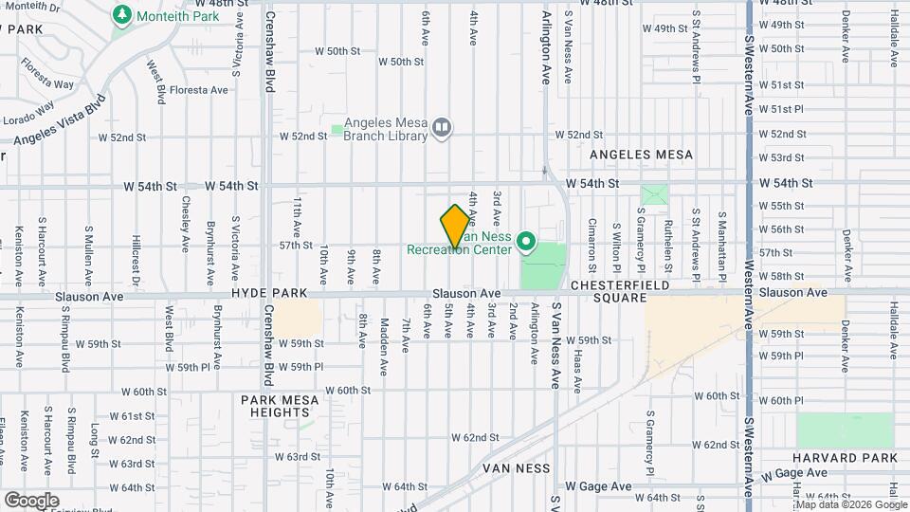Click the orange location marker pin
pyautogui.click(x=455, y=226)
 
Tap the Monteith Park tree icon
pyautogui.click(x=121, y=15)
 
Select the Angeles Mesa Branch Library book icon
pyautogui.click(x=441, y=127)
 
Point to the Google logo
pyautogui.click(x=31, y=500)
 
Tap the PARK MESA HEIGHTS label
pyautogui.click(x=280, y=406)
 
